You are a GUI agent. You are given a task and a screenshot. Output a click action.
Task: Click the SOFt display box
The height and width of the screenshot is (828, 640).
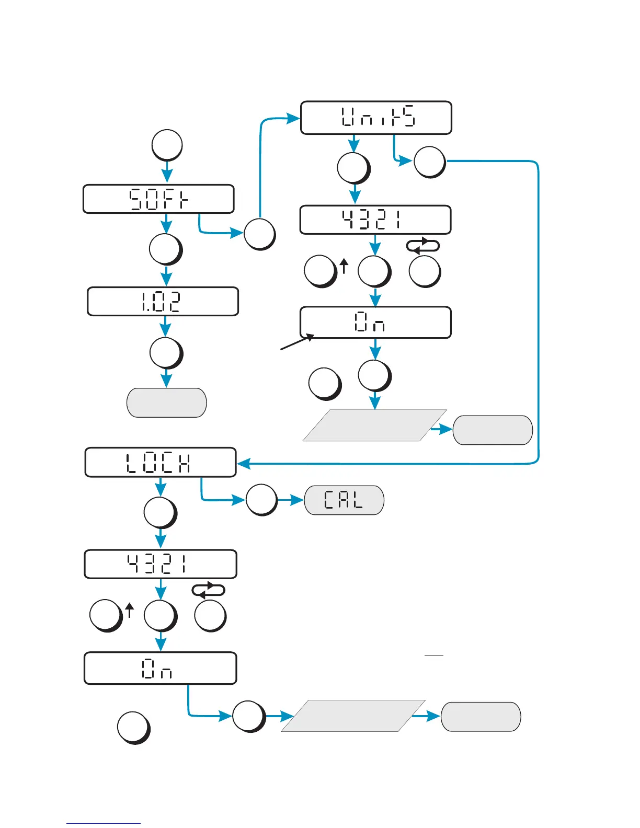(x=158, y=199)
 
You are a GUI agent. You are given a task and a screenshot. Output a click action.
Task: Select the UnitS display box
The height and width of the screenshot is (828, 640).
(x=376, y=118)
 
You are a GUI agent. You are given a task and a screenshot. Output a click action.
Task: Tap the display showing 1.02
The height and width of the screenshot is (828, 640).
(x=163, y=302)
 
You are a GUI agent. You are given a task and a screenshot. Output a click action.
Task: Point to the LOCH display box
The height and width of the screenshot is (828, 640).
(x=161, y=463)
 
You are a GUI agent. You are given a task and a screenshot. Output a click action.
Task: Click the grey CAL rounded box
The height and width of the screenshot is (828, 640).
(x=344, y=500)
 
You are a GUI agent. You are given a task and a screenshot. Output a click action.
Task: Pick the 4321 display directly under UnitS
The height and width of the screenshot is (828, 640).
(x=375, y=220)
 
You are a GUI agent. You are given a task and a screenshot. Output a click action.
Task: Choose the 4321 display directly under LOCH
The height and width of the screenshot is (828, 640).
(x=161, y=565)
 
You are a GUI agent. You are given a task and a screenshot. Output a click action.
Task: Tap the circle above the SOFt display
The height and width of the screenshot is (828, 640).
(x=167, y=145)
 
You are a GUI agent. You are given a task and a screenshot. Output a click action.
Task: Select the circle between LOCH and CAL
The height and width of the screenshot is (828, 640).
(x=261, y=500)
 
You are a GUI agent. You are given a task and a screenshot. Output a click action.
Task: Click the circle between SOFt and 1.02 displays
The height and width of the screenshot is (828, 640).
(x=165, y=249)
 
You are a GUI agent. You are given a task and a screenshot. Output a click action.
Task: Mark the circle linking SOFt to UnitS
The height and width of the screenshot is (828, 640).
(x=259, y=234)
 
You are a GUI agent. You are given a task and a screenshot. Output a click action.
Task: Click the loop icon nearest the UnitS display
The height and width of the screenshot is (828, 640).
(x=423, y=246)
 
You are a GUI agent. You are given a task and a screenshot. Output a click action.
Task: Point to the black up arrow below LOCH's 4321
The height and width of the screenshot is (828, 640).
(x=130, y=610)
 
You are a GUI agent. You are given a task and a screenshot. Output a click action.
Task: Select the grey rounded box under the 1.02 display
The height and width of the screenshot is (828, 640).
(x=167, y=402)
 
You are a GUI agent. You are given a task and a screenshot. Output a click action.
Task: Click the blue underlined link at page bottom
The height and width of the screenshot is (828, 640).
(x=104, y=823)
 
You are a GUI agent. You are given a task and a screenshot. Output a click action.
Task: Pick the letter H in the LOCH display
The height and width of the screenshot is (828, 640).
(x=185, y=464)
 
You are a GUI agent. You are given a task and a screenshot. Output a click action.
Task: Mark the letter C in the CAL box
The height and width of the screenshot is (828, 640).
(x=329, y=500)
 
